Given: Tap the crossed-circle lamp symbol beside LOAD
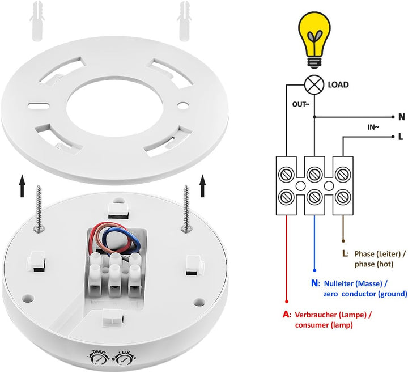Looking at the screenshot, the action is click(x=314, y=84).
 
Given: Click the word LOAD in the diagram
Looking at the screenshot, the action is click(x=338, y=85).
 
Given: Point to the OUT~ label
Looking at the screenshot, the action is click(x=301, y=104).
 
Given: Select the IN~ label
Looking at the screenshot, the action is click(x=373, y=128).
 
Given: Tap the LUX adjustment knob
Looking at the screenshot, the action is click(x=124, y=359).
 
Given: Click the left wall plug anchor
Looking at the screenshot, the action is click(x=38, y=21).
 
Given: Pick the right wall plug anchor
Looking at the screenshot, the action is click(x=185, y=21).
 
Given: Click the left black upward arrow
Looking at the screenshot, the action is click(x=22, y=186).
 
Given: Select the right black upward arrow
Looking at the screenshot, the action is click(x=203, y=186).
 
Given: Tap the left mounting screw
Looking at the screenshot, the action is click(x=39, y=208).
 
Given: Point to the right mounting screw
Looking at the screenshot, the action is click(x=186, y=208).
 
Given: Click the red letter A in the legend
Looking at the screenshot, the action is click(x=286, y=315).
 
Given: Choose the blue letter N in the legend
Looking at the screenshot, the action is click(x=314, y=283).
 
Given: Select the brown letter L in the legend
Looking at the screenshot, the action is click(x=345, y=253).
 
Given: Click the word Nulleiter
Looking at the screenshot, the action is click(x=338, y=283).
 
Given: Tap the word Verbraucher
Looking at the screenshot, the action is click(x=316, y=315).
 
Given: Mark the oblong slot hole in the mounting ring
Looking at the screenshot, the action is click(x=39, y=106).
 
